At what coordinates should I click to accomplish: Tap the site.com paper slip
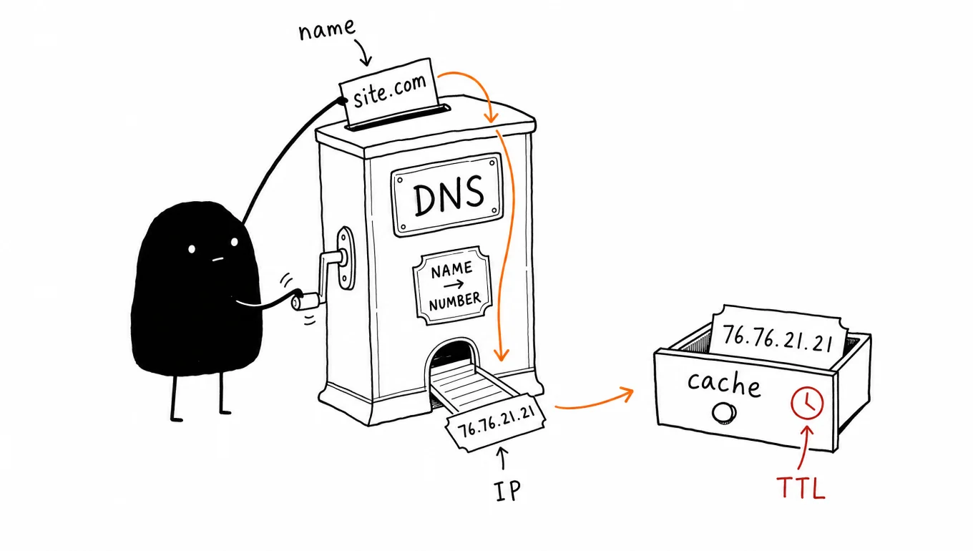(388, 92)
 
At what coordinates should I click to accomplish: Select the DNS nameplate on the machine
(447, 194)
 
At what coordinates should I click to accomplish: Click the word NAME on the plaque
(451, 270)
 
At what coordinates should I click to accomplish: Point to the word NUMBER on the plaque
(454, 301)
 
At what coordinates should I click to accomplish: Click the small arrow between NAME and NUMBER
(453, 285)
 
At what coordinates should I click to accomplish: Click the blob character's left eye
(192, 250)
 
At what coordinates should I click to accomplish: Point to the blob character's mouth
(217, 260)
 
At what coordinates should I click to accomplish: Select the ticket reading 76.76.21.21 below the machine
(496, 422)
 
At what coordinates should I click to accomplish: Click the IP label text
(508, 491)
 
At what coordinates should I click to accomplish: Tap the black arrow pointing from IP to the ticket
(502, 458)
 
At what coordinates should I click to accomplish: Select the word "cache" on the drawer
(724, 384)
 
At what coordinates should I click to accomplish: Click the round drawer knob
(724, 414)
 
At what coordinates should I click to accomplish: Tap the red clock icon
(807, 404)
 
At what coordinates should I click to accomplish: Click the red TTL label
(801, 487)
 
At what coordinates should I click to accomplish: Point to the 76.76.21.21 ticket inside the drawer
(778, 337)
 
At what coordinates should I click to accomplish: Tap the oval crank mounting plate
(346, 258)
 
